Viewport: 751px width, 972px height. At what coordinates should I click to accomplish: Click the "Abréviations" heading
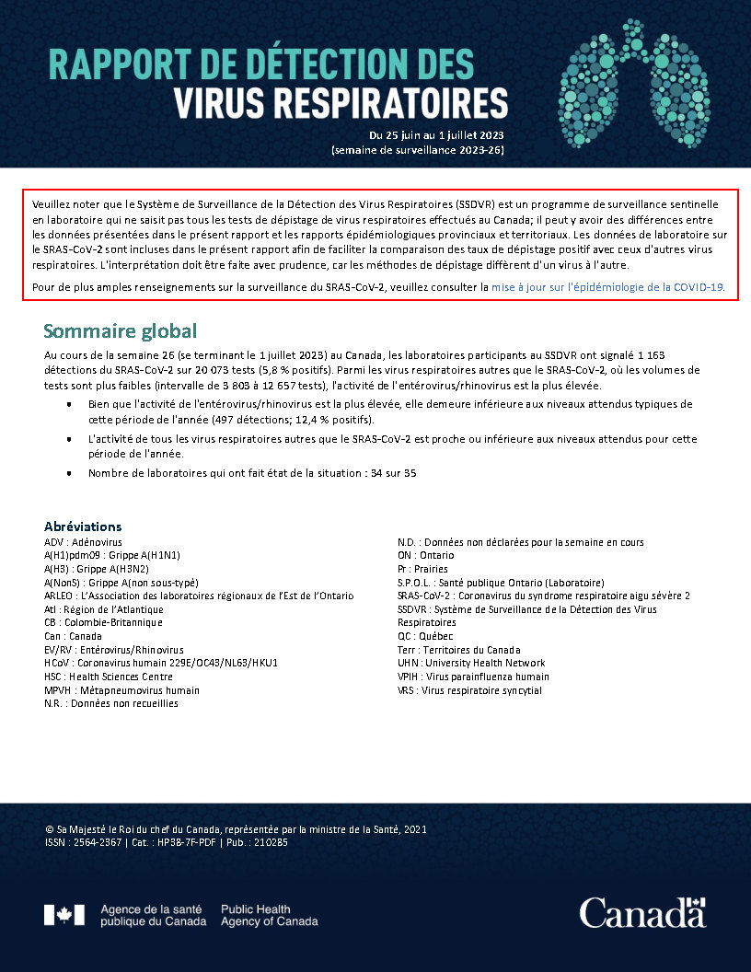tap(83, 526)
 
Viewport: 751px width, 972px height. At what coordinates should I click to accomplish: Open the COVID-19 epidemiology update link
tap(607, 287)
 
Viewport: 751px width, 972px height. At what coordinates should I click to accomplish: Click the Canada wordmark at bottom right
tap(642, 913)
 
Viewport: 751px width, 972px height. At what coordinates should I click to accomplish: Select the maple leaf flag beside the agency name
tap(64, 915)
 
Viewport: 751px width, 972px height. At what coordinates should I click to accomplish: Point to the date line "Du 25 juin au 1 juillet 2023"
tap(436, 134)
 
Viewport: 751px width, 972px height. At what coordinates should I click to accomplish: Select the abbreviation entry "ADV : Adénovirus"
tap(83, 543)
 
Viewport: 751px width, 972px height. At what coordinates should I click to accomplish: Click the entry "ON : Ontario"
tap(425, 556)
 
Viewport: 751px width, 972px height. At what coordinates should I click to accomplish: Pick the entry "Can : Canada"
tap(73, 636)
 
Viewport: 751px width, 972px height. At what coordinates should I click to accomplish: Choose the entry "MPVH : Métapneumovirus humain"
tap(121, 689)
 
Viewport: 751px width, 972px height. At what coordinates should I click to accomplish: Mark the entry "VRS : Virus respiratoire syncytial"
tap(469, 689)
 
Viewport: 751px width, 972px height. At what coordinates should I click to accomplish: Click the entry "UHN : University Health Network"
tap(470, 663)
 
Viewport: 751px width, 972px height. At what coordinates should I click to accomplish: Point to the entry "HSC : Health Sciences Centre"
tap(108, 677)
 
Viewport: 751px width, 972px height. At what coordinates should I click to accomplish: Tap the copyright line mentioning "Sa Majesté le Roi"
tap(235, 829)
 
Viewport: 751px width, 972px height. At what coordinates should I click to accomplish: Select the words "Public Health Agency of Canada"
tap(269, 915)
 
